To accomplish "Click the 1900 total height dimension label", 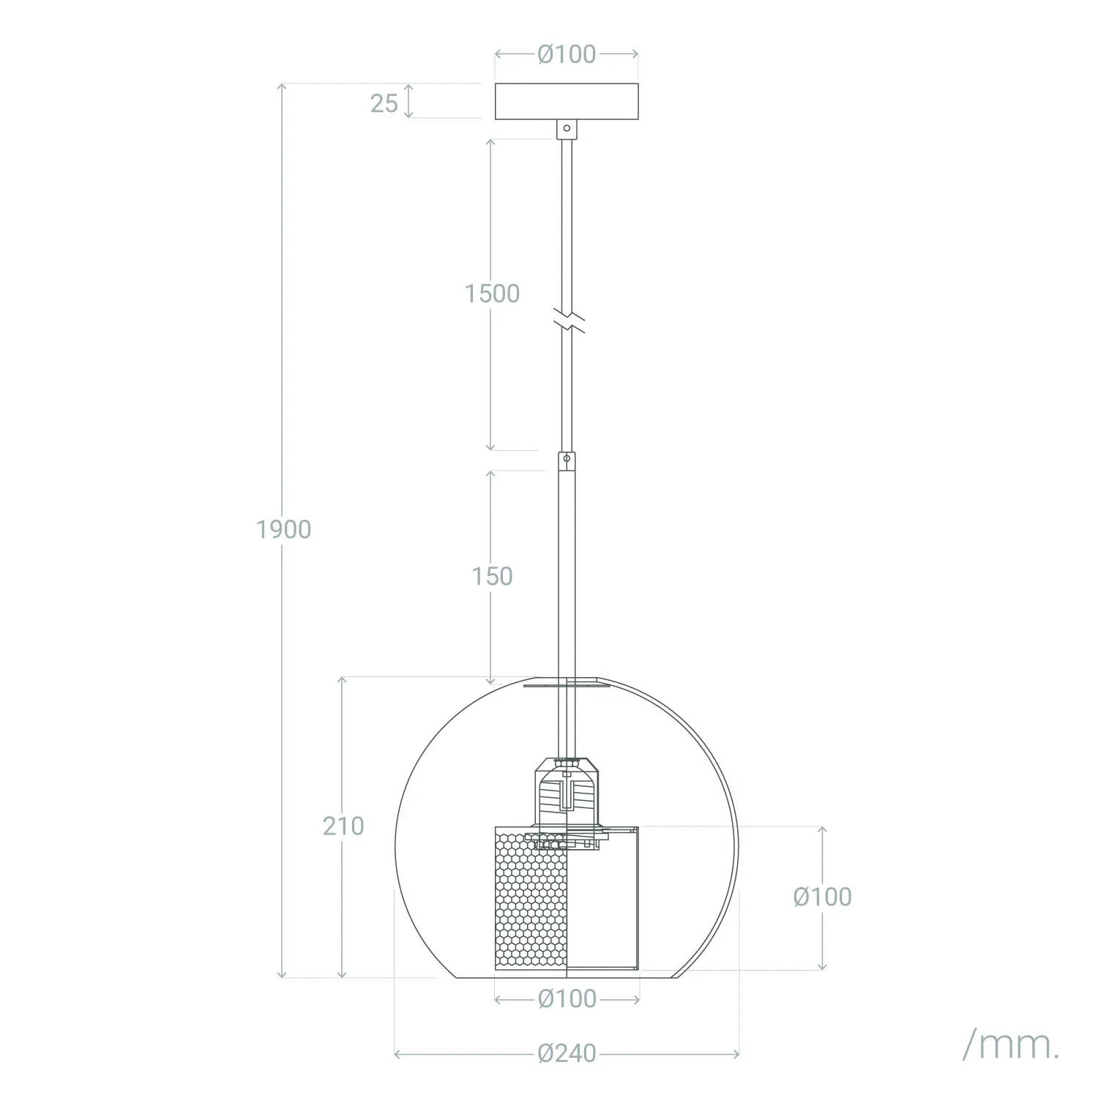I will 283,529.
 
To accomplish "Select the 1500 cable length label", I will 492,294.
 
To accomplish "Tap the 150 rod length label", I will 492,577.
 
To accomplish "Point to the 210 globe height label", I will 343,826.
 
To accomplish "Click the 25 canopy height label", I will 384,104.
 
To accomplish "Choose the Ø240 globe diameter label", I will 567,1053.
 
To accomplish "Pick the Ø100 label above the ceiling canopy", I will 567,54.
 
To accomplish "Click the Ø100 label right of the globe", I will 822,897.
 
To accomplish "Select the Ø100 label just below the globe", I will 567,998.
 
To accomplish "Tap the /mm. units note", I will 1010,1046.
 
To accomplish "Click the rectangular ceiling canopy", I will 567,102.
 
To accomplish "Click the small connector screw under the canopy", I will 565,129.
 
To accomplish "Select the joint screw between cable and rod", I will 566,460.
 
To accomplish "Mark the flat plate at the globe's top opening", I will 567,686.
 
